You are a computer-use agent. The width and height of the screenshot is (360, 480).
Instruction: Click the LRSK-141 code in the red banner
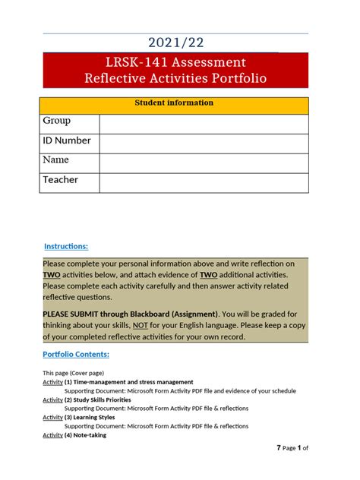[136, 62]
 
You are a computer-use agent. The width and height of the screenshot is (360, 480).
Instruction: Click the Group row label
[57, 122]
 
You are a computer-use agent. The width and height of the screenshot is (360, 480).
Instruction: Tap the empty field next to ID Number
[204, 141]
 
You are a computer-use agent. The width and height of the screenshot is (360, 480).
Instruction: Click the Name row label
[56, 160]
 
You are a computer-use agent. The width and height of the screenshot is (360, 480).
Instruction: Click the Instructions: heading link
[66, 246]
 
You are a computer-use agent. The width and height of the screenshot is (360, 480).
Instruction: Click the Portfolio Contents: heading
[76, 354]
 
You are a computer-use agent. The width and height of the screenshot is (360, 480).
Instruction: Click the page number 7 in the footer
[278, 447]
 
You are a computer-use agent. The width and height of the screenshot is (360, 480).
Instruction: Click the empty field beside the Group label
[204, 122]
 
